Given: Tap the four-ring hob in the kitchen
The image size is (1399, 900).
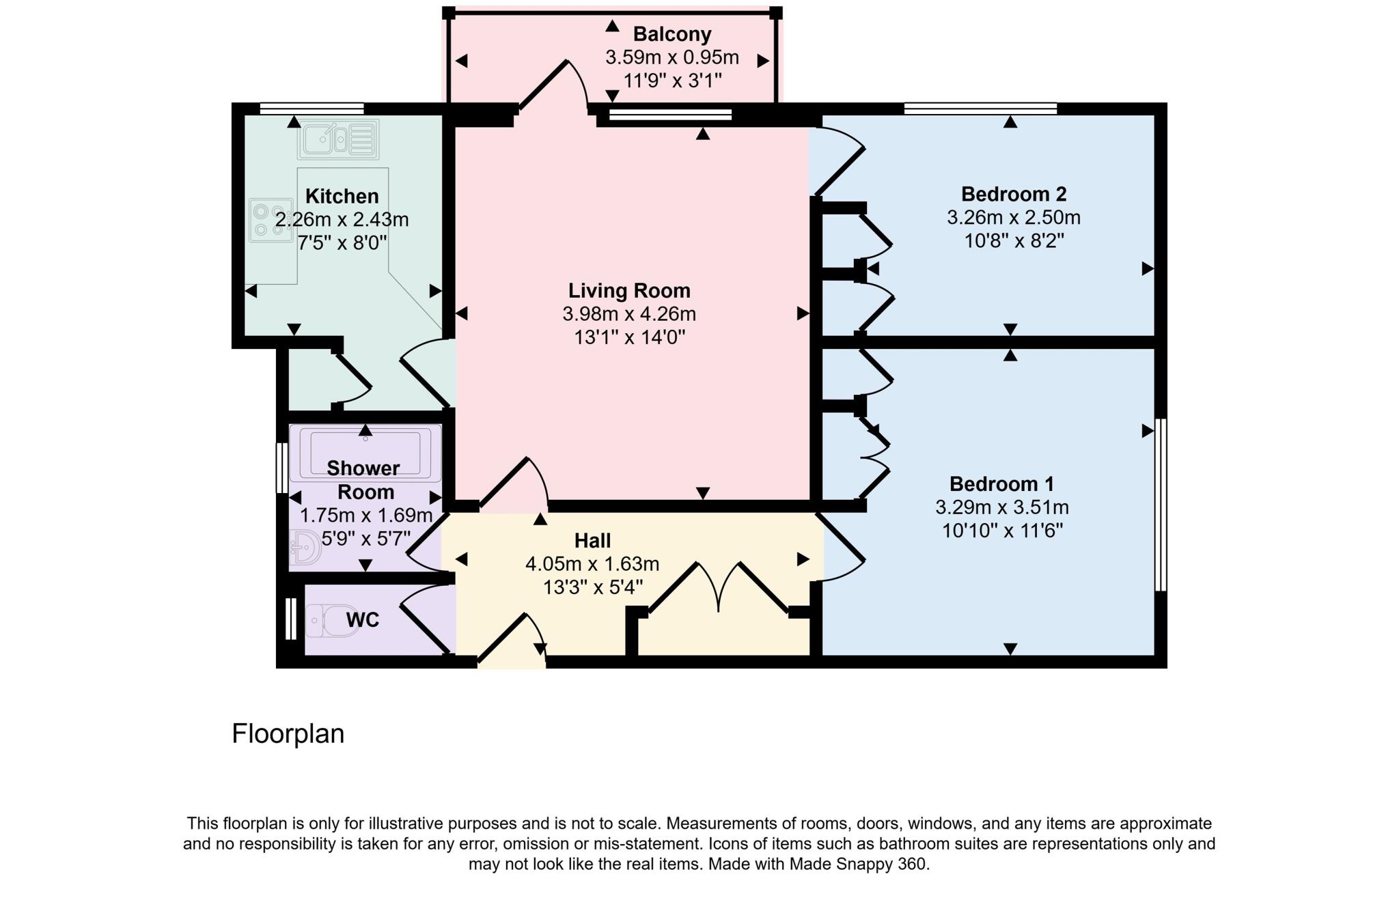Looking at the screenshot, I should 271,220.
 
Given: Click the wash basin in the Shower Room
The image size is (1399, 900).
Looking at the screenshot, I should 304,548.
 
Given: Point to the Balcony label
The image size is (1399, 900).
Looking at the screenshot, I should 671,34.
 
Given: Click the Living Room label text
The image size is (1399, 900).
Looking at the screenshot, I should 629,291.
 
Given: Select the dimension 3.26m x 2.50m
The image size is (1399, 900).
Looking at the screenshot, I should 1013,218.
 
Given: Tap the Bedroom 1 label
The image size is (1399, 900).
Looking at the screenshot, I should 1001,484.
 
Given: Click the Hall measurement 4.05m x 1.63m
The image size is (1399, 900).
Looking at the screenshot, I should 592,564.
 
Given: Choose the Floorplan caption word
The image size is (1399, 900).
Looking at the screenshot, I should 288,734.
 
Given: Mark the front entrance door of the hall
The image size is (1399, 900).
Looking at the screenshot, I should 512,638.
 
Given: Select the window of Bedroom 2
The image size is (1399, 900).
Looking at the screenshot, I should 980,108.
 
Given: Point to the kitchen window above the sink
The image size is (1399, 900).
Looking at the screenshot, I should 311,108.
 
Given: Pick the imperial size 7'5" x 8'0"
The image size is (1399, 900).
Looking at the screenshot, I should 342,242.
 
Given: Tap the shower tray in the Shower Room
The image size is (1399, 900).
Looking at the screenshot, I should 365,452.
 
